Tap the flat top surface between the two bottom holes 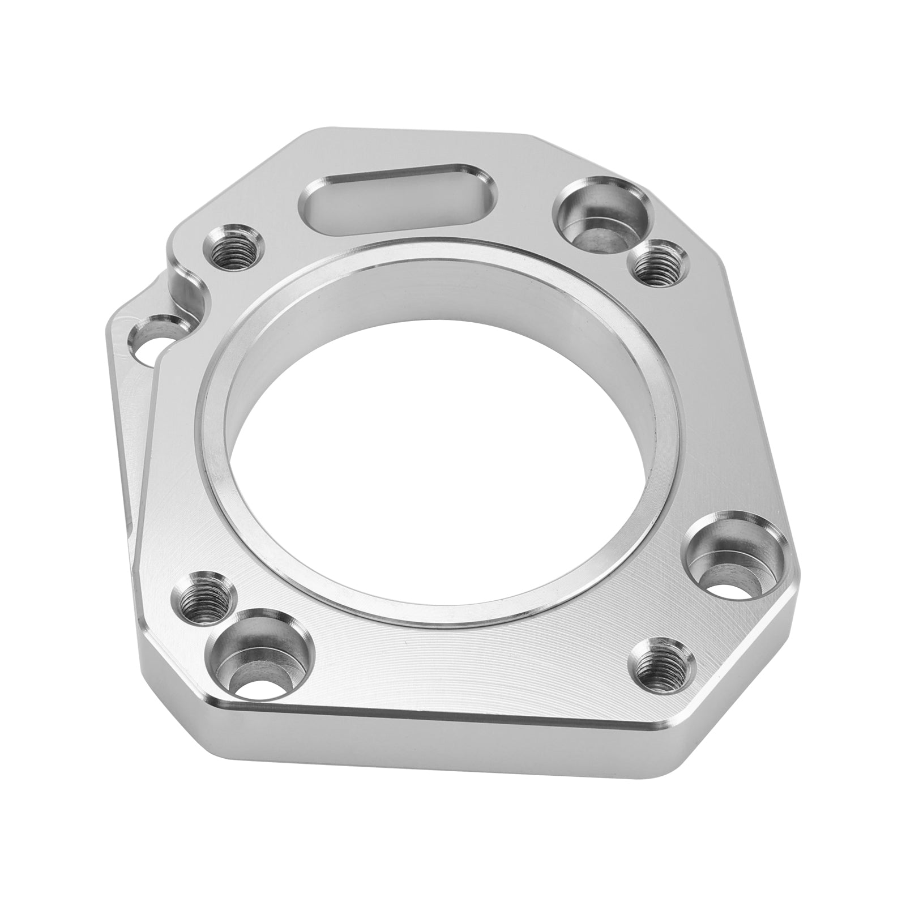pyautogui.click(x=453, y=668)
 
